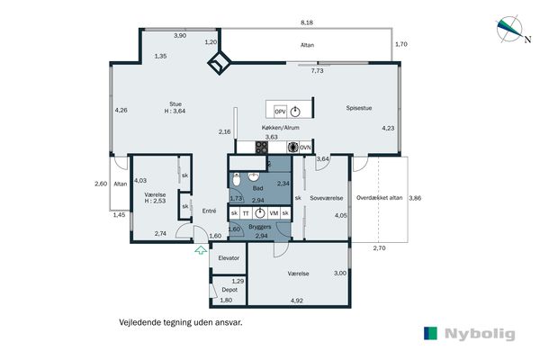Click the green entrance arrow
(201, 250)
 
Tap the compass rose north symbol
(510, 30)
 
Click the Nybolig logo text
(480, 334)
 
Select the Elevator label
(229, 258)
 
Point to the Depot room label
(229, 290)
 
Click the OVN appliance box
(305, 148)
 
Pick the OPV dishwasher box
(280, 112)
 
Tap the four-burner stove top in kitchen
(262, 148)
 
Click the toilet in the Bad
(237, 180)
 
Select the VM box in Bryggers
(274, 213)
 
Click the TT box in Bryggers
(246, 213)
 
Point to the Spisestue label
(359, 108)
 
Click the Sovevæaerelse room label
(327, 198)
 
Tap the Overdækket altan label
(379, 198)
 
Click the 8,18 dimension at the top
(307, 22)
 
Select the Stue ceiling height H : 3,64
(175, 111)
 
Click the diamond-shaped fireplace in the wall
(220, 63)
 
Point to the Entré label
(210, 211)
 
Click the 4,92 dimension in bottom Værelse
(297, 301)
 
